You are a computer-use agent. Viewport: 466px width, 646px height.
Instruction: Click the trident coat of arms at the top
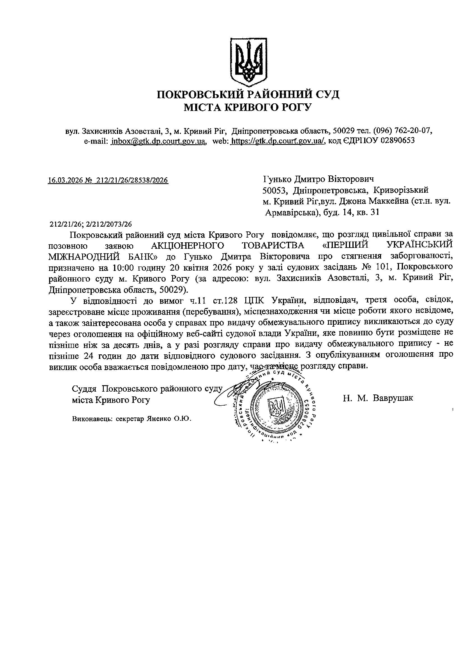(248, 62)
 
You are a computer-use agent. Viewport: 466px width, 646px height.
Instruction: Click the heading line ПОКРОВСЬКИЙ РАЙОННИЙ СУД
(248, 94)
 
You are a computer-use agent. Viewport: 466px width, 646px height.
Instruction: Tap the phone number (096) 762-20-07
(403, 131)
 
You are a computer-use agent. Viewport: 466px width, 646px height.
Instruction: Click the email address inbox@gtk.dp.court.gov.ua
(159, 141)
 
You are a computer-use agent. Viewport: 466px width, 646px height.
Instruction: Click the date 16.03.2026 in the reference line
(65, 180)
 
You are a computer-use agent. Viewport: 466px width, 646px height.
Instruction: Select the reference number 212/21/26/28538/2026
(133, 180)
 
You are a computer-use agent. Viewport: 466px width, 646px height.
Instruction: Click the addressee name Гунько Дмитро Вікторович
(318, 179)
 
